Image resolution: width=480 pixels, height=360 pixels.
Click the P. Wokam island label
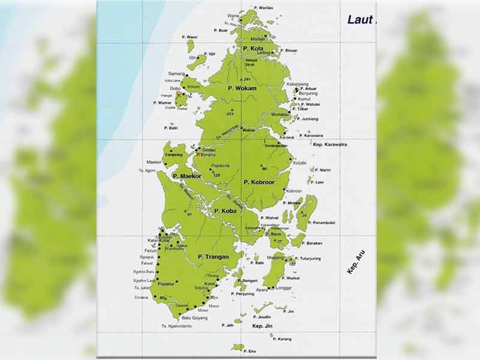pyautogui.click(x=242, y=88)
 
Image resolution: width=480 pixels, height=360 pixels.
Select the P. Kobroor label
pyautogui.click(x=259, y=181)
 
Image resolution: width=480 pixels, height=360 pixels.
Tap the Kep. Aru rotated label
pyautogui.click(x=356, y=262)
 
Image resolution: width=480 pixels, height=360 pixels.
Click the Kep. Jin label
pyautogui.click(x=262, y=326)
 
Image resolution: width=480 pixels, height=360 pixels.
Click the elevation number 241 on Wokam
pyautogui.click(x=247, y=79)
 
